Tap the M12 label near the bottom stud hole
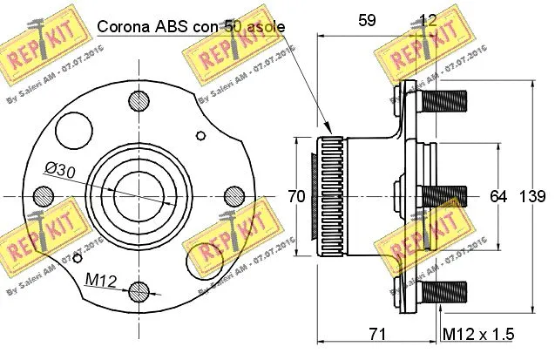click(x=102, y=279)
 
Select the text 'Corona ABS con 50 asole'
click(x=190, y=26)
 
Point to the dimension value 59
click(x=368, y=18)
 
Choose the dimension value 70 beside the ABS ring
click(x=296, y=197)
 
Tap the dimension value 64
click(x=498, y=197)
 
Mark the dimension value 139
click(x=534, y=197)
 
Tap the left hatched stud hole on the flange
click(x=40, y=194)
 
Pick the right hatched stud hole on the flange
click(x=234, y=194)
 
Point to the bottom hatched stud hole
click(x=137, y=290)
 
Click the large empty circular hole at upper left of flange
click(x=72, y=132)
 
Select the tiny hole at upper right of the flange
click(x=202, y=134)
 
